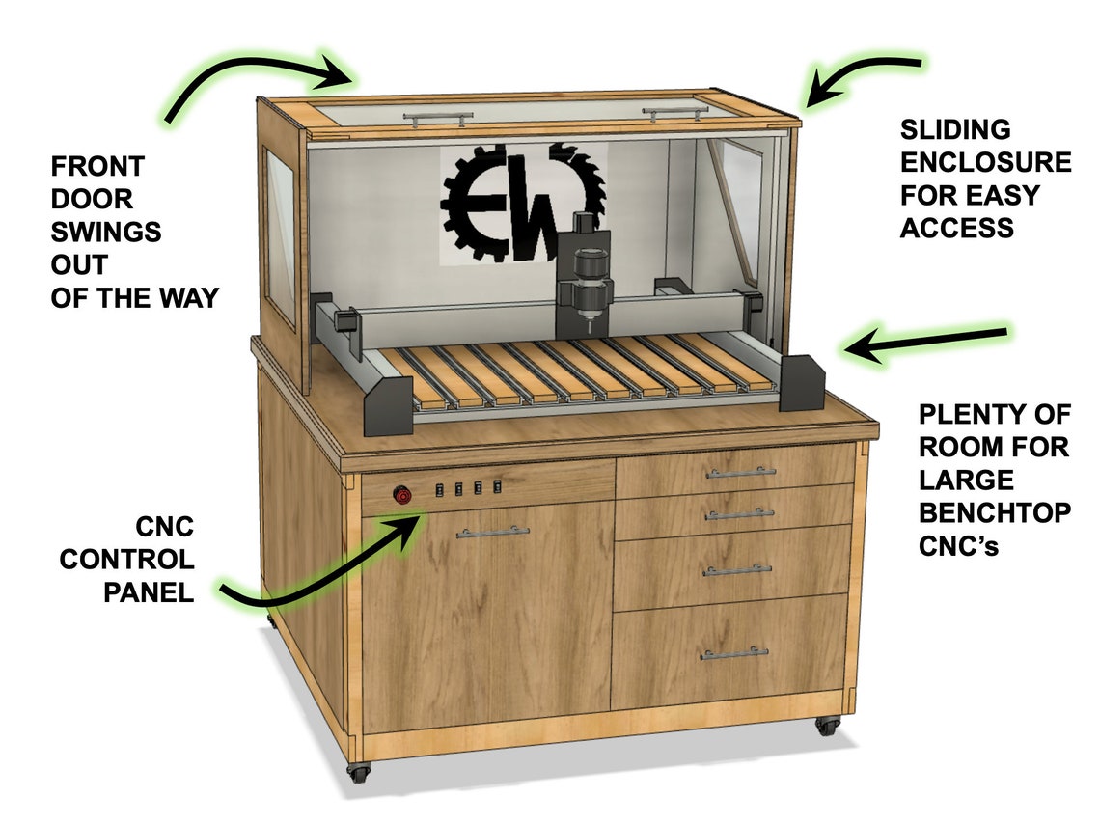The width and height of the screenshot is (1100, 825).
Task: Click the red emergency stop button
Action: [x=400, y=495]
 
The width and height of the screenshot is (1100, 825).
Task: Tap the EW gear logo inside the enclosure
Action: [x=521, y=201]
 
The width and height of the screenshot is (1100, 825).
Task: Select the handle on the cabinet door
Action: [x=492, y=532]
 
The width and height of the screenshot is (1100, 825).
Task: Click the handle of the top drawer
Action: [x=740, y=473]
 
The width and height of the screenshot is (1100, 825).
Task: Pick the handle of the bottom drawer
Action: [x=735, y=653]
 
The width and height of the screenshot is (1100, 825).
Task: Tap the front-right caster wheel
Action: [x=826, y=725]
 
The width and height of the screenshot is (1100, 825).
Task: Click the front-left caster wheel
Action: [x=358, y=772]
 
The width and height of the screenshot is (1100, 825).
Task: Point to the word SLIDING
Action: [x=942, y=129]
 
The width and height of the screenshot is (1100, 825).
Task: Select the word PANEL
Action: [x=149, y=591]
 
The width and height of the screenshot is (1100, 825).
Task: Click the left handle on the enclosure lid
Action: [x=437, y=117]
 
